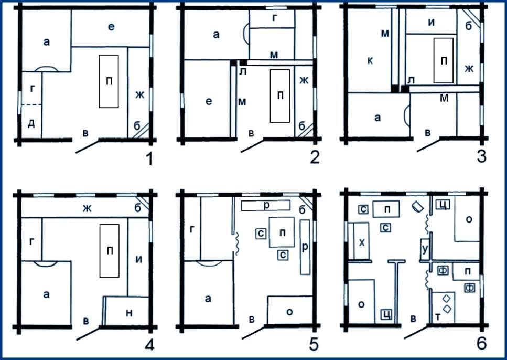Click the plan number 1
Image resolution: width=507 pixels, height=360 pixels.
click(149, 158)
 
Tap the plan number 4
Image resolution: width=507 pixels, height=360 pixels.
click(149, 345)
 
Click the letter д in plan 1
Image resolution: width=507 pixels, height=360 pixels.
click(31, 123)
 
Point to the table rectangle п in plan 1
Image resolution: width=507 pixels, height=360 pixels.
click(109, 81)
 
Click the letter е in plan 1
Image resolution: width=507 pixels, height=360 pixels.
click(111, 27)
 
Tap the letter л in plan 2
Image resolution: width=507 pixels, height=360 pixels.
click(243, 71)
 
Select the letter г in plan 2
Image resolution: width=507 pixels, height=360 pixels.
click(275, 18)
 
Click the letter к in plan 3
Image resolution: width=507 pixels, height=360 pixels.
click(370, 60)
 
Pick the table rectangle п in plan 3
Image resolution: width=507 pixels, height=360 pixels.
click(444, 60)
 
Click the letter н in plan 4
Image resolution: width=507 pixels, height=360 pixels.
click(129, 313)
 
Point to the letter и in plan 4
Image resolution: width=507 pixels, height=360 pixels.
click(139, 260)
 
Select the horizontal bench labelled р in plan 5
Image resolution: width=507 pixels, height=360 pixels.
click(266, 205)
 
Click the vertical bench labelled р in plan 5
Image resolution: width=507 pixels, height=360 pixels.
click(305, 247)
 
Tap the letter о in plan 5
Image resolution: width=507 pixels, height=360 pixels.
click(290, 312)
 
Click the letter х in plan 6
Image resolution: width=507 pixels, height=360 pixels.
click(362, 242)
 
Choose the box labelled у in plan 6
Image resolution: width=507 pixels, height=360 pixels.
click(425, 250)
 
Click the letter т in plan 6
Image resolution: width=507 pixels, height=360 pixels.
click(438, 317)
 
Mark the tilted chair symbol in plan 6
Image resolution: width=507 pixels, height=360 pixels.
click(418, 206)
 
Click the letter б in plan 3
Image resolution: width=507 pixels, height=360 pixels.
click(469, 26)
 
